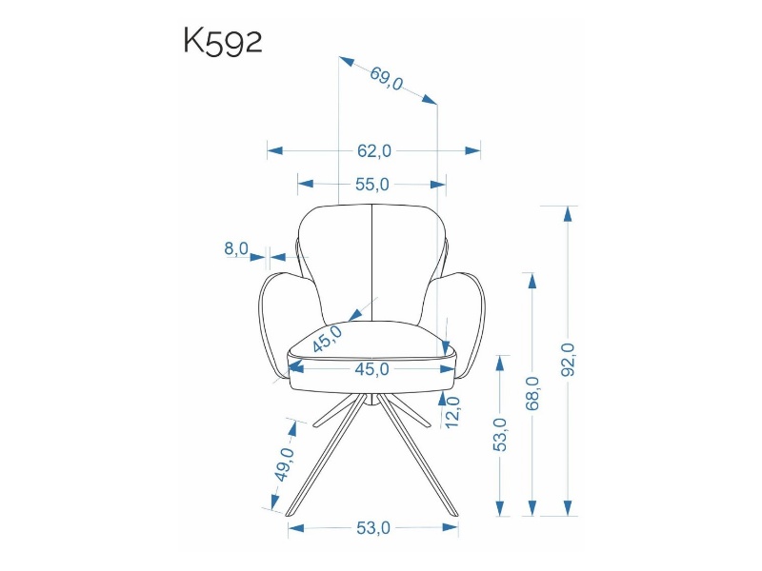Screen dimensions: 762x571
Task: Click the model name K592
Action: (x=223, y=42)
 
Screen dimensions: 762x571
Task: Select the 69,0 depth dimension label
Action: (x=387, y=79)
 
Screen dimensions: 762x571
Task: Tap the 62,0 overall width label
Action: (x=373, y=151)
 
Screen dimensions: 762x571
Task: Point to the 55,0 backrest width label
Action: (x=372, y=185)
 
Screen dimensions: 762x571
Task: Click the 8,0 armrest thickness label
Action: (x=236, y=248)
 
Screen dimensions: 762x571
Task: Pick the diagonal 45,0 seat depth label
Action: (x=327, y=339)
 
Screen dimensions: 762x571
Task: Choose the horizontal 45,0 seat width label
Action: (x=371, y=369)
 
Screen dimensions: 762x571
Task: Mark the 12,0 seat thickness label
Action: (x=452, y=412)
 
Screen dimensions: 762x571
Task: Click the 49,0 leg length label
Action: (x=284, y=464)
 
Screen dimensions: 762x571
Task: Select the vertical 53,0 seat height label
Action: (x=500, y=435)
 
